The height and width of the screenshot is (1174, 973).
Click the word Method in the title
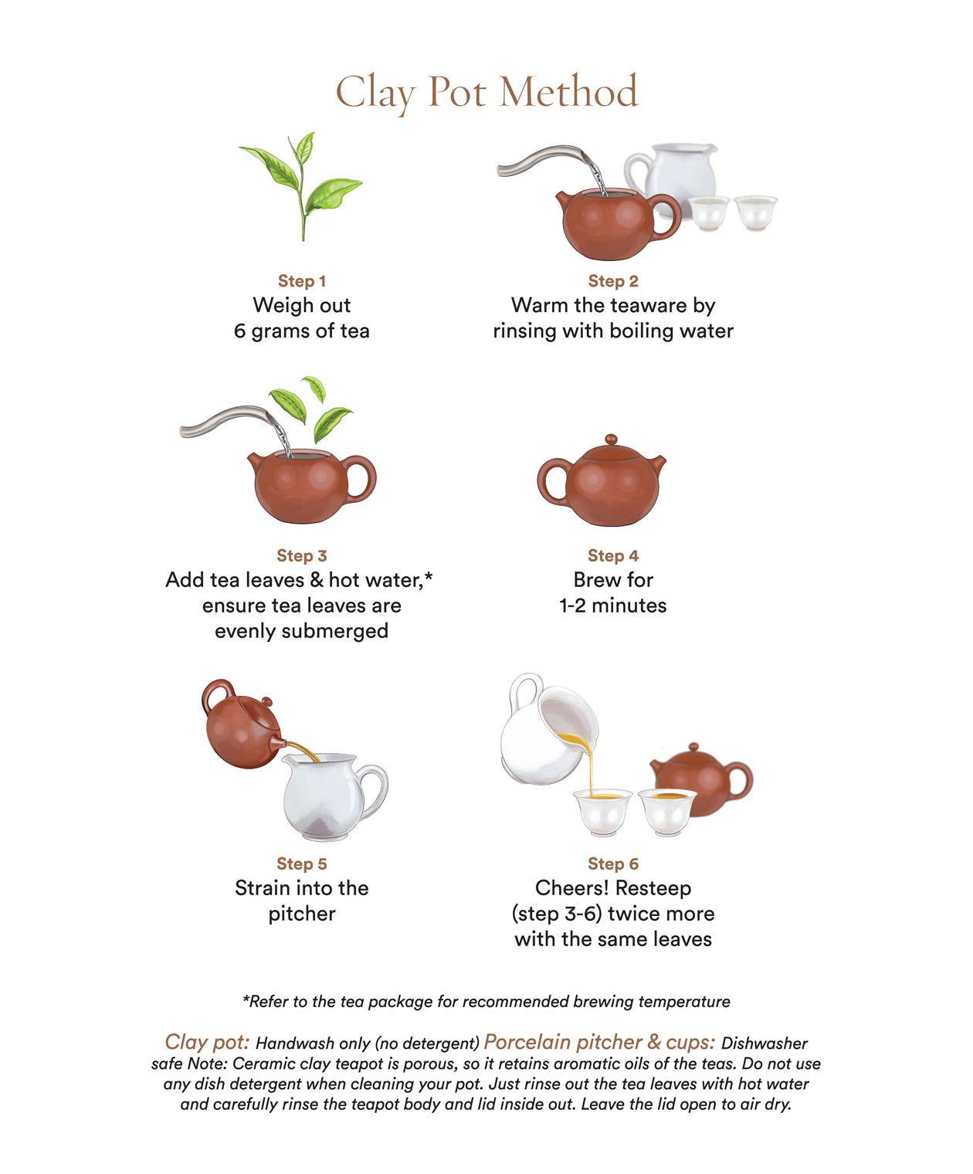click(568, 92)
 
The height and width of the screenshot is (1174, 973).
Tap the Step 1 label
click(301, 281)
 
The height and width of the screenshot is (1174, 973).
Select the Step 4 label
click(612, 555)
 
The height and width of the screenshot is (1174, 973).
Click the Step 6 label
click(612, 864)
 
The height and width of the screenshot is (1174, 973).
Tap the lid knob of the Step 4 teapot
click(612, 439)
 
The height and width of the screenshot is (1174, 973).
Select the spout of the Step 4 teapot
click(657, 465)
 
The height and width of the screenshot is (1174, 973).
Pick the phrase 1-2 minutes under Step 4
click(612, 606)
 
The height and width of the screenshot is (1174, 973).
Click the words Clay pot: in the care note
click(207, 1042)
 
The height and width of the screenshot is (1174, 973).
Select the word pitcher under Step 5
click(301, 914)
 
